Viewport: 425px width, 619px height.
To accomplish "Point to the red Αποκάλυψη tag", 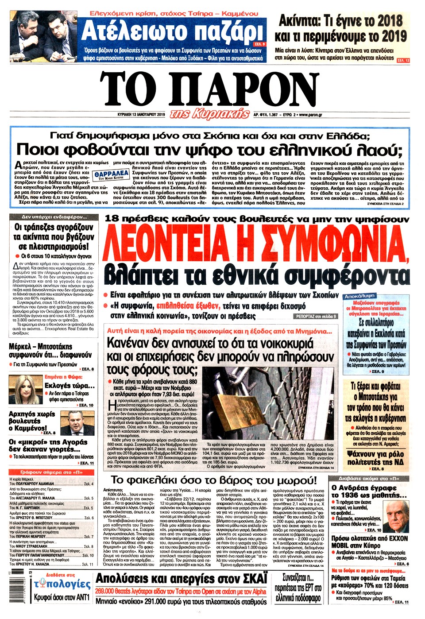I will pos(359,296).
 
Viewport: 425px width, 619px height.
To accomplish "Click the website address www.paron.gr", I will pos(310,115).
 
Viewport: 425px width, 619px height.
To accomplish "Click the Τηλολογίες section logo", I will pos(62,582).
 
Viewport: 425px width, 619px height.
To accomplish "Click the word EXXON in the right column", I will pos(394,538).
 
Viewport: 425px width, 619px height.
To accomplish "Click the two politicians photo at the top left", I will pos(44,37).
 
